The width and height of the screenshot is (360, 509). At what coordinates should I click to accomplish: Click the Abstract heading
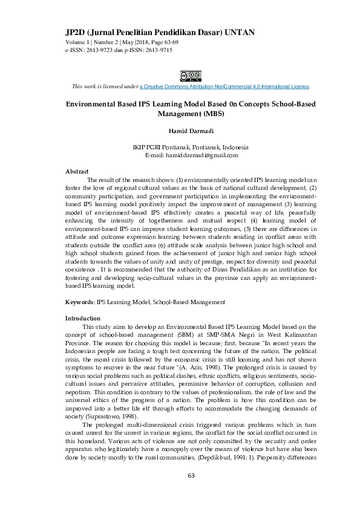pyautogui.click(x=77, y=172)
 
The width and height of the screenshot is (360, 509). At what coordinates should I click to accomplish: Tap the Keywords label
pyautogui.click(x=79, y=301)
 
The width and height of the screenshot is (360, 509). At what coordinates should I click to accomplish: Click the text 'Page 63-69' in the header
pyautogui.click(x=163, y=42)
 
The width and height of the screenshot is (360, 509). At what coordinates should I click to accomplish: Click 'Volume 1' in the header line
pyautogui.click(x=79, y=42)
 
